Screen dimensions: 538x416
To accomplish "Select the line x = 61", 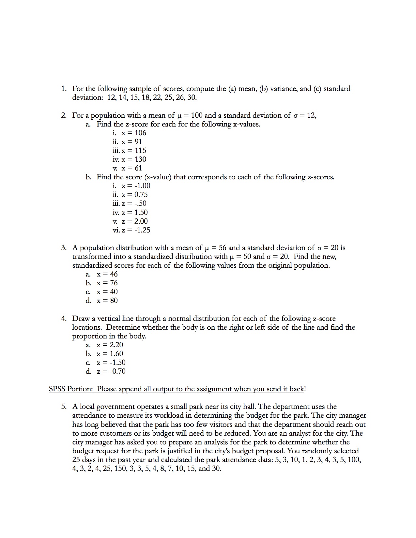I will [132, 168].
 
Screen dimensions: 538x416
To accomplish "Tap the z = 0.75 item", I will [134, 195].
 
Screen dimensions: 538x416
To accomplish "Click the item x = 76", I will [107, 283].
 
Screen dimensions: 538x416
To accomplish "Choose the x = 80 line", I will [107, 301].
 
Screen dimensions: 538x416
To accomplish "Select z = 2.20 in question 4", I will [110, 345].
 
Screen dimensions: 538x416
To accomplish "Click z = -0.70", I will [111, 371].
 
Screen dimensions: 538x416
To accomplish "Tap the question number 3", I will [64, 248].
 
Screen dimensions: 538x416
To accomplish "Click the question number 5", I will [64, 407].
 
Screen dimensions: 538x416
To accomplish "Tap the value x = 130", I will [134, 159].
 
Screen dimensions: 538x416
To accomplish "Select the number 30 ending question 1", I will [192, 97].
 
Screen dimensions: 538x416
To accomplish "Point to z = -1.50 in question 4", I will [111, 363].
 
